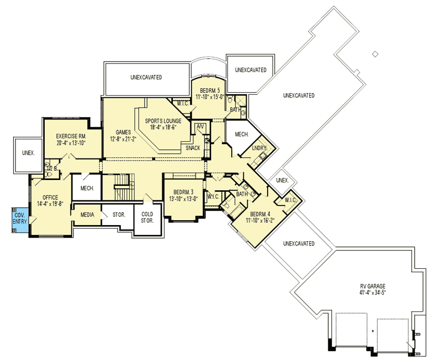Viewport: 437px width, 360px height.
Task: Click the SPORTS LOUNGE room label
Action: click(x=163, y=121)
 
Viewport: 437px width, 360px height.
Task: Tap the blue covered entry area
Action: click(x=20, y=220)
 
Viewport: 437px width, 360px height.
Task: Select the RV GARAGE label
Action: click(x=372, y=286)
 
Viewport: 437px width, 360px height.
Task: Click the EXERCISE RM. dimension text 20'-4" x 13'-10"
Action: click(x=71, y=143)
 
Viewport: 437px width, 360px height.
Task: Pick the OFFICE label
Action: click(x=50, y=197)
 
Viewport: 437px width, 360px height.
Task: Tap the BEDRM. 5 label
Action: click(x=210, y=91)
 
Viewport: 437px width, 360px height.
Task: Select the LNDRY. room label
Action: click(x=259, y=148)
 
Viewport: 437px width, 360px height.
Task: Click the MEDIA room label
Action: click(x=87, y=214)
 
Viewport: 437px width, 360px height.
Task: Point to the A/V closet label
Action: click(x=201, y=127)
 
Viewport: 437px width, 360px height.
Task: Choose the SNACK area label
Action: click(x=193, y=148)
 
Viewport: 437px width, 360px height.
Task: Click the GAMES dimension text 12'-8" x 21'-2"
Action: click(x=123, y=139)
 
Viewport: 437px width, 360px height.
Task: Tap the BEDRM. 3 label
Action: click(x=184, y=192)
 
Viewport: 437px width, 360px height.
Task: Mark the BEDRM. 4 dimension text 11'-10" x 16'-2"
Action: click(x=260, y=220)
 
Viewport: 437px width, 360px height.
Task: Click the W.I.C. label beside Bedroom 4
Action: click(x=290, y=200)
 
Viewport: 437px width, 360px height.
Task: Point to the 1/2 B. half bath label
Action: click(x=52, y=168)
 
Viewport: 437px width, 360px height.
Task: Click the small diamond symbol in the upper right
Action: click(x=375, y=54)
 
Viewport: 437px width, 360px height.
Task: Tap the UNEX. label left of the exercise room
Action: click(x=29, y=153)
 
